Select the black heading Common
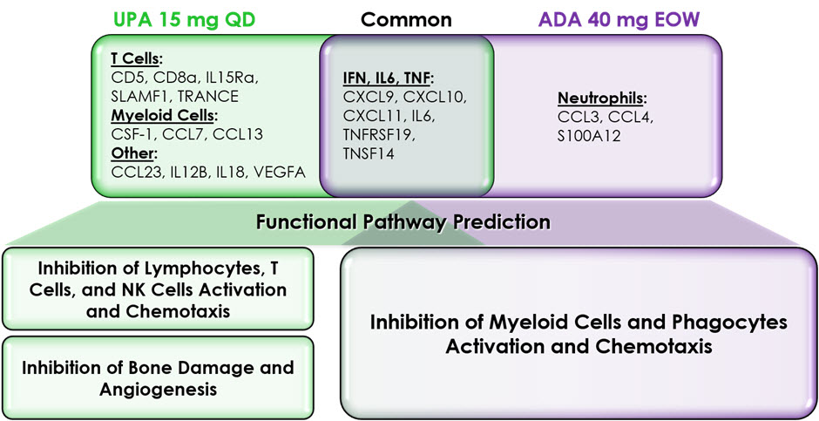coord(406,20)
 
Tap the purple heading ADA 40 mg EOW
coord(619,20)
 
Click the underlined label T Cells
coord(135,59)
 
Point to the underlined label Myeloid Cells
coord(164,115)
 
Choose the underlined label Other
coord(133,153)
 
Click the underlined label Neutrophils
coord(602,98)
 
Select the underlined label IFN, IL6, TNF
coord(388,78)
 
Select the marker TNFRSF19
coord(379,135)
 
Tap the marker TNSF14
coord(369,153)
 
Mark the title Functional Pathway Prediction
coord(403,221)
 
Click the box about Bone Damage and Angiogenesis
coord(158,377)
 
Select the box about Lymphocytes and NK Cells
coord(158,289)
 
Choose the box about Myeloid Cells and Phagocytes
coord(579,334)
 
